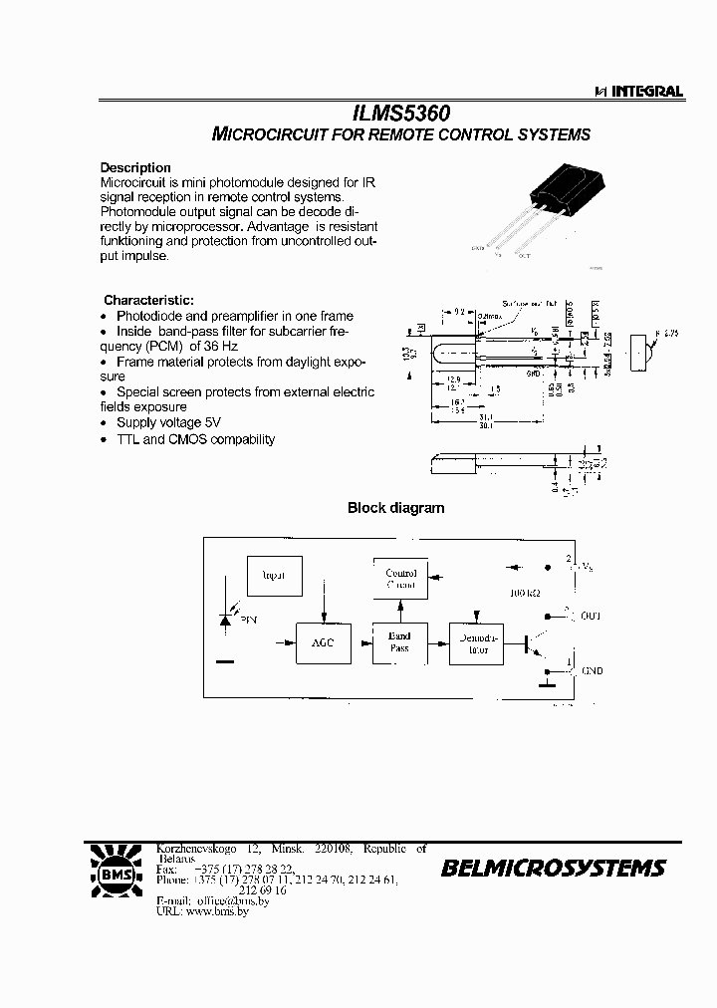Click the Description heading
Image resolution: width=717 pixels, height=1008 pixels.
tap(135, 167)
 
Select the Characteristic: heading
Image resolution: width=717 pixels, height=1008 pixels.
tap(149, 300)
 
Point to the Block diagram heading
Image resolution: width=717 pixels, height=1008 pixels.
tap(395, 508)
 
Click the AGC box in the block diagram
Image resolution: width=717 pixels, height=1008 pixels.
tap(323, 643)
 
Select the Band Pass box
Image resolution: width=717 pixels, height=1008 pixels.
tap(399, 642)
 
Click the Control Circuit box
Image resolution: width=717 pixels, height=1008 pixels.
tap(401, 579)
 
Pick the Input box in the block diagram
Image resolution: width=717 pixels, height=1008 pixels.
tap(274, 577)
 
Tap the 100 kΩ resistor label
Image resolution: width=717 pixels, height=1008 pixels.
tap(525, 594)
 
